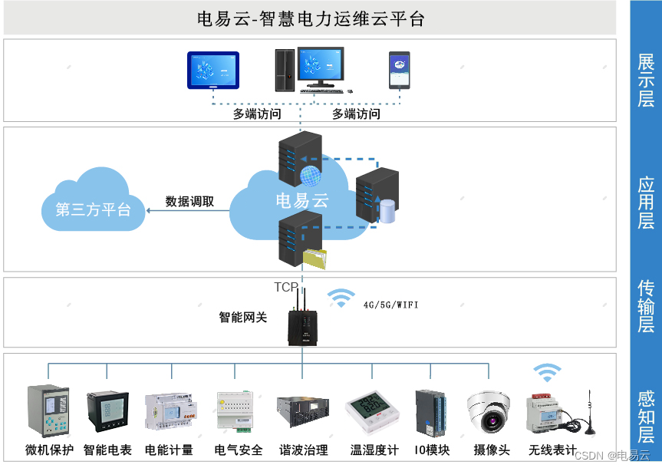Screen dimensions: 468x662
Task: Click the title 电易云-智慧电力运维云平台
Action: pyautogui.click(x=310, y=18)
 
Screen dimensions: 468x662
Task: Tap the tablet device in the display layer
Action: pyautogui.click(x=213, y=71)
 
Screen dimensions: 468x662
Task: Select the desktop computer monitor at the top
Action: pyautogui.click(x=321, y=66)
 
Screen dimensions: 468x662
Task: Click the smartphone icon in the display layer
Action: pyautogui.click(x=399, y=71)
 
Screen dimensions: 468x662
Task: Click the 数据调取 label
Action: pyautogui.click(x=189, y=202)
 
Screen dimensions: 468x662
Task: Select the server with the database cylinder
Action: pyautogui.click(x=378, y=196)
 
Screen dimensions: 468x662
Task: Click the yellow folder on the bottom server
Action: pyautogui.click(x=314, y=259)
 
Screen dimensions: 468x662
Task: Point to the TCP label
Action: pyautogui.click(x=286, y=287)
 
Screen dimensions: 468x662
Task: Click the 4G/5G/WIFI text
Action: pyautogui.click(x=391, y=305)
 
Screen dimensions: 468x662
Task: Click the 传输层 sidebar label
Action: pyautogui.click(x=646, y=306)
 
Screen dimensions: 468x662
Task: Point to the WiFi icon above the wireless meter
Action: pyautogui.click(x=547, y=373)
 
